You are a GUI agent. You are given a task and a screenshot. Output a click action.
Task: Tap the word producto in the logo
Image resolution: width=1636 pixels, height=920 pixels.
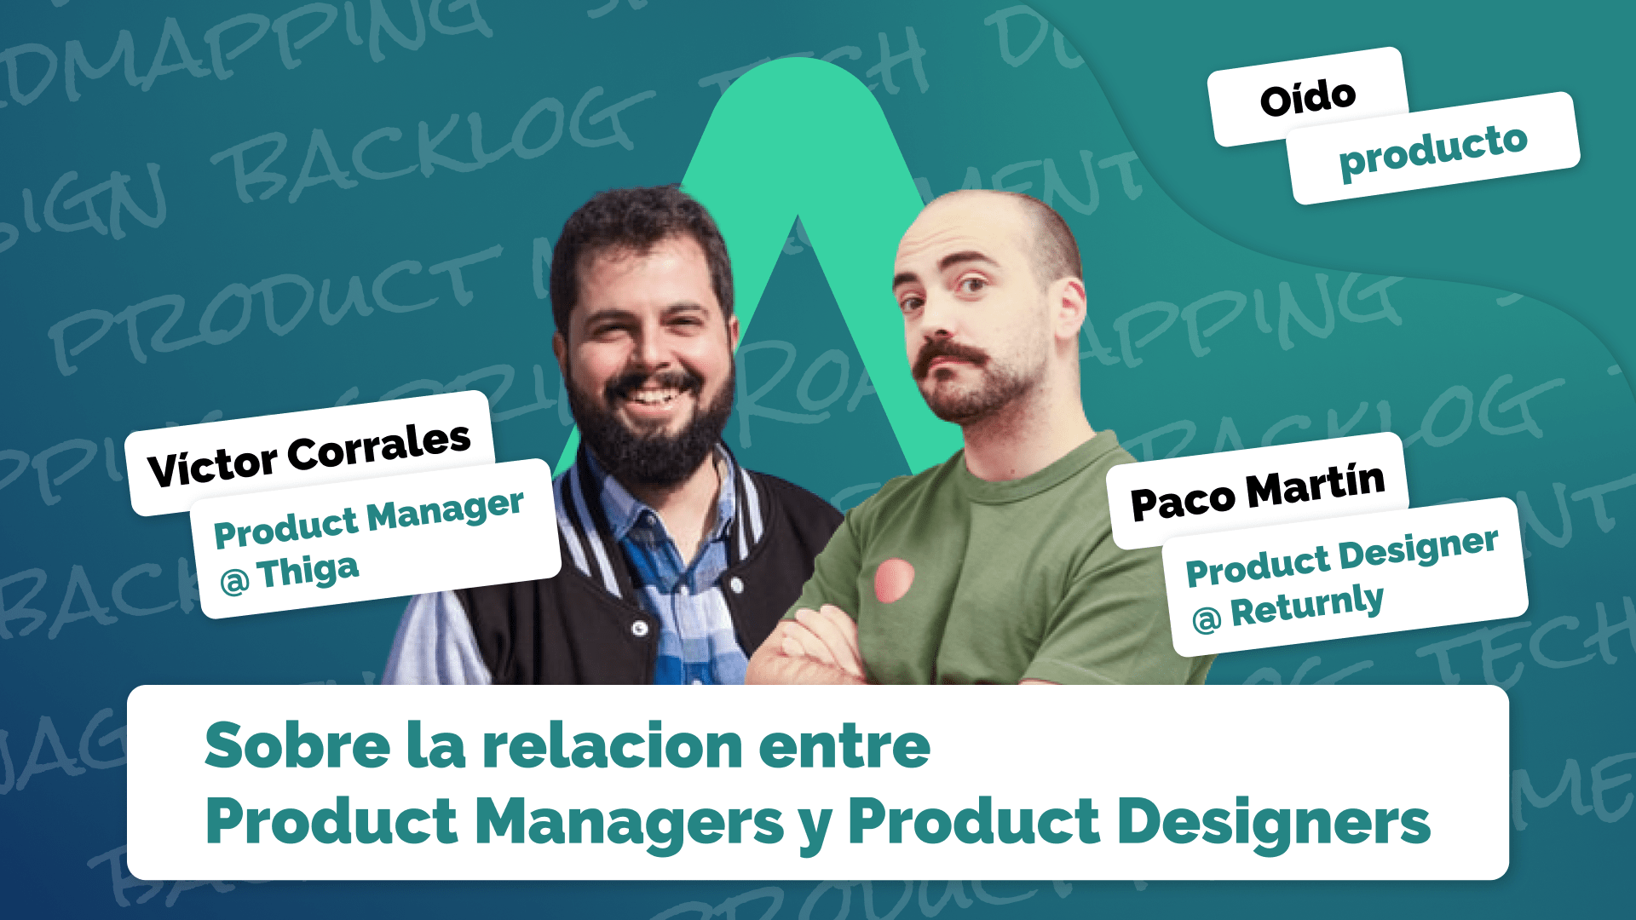1433,150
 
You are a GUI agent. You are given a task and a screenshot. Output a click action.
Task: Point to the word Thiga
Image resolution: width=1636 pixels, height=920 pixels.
308,572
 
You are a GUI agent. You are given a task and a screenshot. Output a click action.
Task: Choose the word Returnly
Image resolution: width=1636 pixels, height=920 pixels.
1307,607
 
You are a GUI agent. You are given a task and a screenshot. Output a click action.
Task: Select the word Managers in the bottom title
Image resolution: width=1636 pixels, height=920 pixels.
629,822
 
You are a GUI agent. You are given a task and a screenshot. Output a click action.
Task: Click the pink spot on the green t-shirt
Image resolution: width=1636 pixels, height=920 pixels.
894,580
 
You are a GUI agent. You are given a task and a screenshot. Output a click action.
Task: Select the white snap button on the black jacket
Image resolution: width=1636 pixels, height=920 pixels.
640,629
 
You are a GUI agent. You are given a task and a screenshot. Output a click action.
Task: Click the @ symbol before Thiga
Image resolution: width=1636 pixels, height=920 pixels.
235,581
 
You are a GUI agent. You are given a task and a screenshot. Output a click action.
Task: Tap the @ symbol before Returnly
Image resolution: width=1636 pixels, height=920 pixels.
1207,619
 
